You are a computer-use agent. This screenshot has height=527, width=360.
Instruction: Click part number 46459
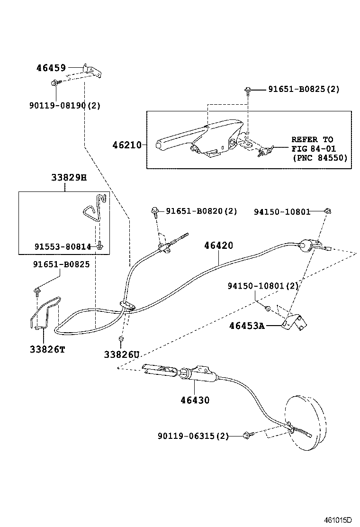pyautogui.click(x=52, y=68)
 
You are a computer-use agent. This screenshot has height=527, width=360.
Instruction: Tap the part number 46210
pyautogui.click(x=126, y=145)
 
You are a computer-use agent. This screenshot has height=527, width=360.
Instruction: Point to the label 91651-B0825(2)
pyautogui.click(x=304, y=89)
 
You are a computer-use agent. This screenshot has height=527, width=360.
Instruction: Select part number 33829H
pyautogui.click(x=69, y=178)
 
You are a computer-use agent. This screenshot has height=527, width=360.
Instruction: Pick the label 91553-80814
pyautogui.click(x=63, y=246)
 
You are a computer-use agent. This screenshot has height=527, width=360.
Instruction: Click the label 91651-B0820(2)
pyautogui.click(x=201, y=211)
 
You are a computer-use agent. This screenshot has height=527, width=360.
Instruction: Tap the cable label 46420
pyautogui.click(x=218, y=245)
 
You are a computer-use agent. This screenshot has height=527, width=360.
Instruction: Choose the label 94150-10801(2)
pyautogui.click(x=262, y=286)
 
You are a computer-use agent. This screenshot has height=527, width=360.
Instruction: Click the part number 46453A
pyautogui.click(x=246, y=326)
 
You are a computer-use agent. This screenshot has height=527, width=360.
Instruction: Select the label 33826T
pyautogui.click(x=47, y=349)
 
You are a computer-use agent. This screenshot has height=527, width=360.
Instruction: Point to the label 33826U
pyautogui.click(x=122, y=354)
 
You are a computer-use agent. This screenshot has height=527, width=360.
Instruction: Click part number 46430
pyautogui.click(x=194, y=400)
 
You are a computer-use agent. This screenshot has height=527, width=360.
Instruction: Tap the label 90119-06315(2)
pyautogui.click(x=193, y=436)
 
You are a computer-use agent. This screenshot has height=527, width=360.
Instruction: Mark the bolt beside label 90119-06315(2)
pyautogui.click(x=247, y=435)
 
